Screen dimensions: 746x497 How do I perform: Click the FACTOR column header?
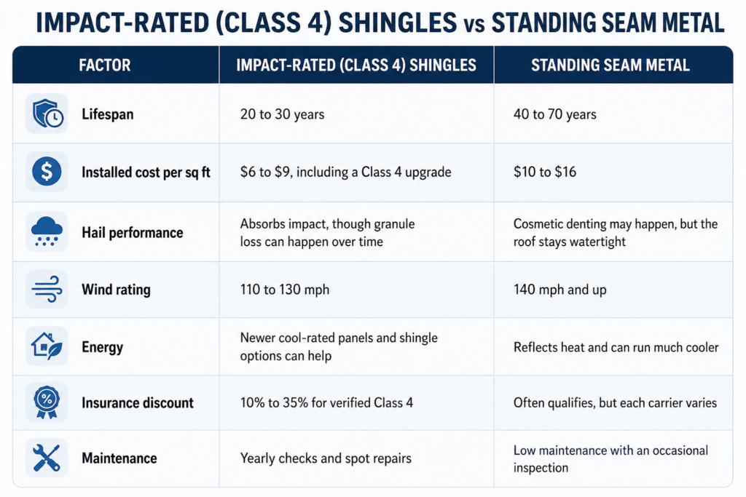[105, 65]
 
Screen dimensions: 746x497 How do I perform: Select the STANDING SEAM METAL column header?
[610, 65]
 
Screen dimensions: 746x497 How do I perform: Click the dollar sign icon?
[47, 172]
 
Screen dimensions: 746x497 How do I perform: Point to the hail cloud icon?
[47, 231]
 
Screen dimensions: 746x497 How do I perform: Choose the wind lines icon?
[47, 289]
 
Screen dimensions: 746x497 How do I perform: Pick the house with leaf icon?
[47, 346]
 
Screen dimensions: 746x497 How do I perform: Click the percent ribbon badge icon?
[47, 402]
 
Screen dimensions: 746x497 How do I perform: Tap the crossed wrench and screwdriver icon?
[47, 458]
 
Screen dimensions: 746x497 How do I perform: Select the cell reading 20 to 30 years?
[282, 114]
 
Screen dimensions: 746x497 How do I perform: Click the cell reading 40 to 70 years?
[554, 114]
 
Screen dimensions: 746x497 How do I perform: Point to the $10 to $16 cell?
[545, 172]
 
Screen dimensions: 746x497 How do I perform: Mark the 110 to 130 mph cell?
[285, 290]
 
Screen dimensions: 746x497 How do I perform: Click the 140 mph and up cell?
[560, 290]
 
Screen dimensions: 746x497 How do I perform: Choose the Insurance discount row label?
[138, 403]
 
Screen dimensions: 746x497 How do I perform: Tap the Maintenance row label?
[119, 458]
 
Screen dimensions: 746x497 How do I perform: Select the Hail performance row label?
[133, 232]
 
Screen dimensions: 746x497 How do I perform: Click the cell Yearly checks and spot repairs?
[326, 458]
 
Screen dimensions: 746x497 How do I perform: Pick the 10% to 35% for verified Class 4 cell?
[326, 403]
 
